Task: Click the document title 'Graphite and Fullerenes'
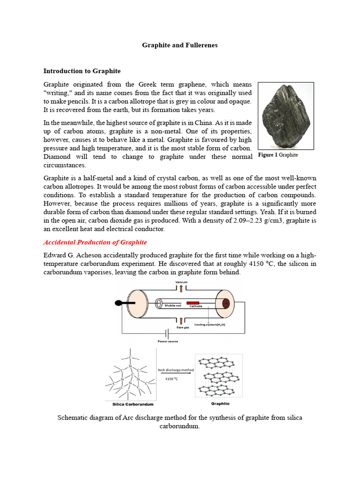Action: click(x=180, y=45)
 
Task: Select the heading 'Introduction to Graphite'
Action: click(x=82, y=71)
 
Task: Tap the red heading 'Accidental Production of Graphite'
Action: click(x=95, y=242)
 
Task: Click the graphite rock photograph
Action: click(x=285, y=115)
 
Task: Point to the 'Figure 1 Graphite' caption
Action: click(x=278, y=155)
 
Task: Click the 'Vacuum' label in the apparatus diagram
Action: click(x=181, y=282)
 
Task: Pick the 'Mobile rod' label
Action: click(x=173, y=305)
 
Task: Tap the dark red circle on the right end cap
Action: click(x=226, y=303)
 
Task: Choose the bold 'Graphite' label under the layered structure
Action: click(x=220, y=403)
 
